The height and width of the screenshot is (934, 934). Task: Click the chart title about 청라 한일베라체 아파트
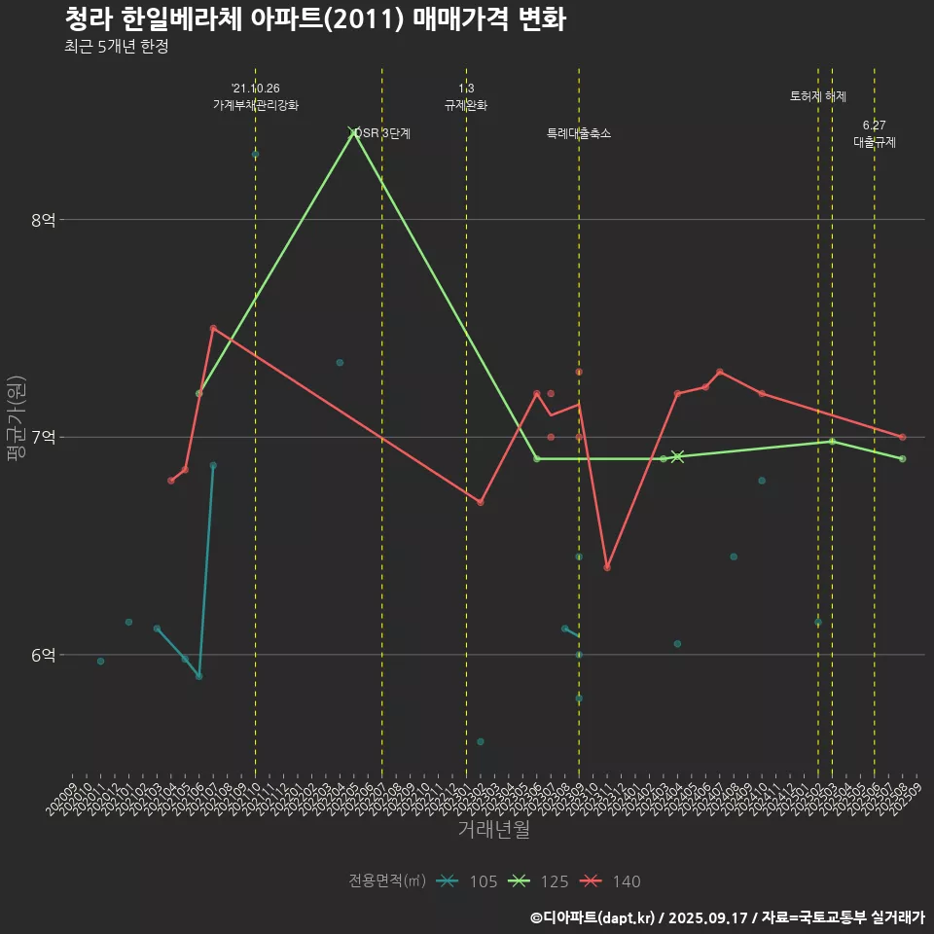pos(315,19)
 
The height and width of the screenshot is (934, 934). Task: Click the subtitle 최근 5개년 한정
pos(117,47)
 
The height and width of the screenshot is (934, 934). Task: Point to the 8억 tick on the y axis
pos(44,220)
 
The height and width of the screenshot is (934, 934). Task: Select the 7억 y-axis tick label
pos(44,437)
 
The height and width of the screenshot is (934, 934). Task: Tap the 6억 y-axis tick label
pos(44,655)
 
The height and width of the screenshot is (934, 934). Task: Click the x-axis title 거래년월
pos(493,830)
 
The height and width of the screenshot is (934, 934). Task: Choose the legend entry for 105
pos(467,881)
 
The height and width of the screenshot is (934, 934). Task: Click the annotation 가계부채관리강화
pos(256,105)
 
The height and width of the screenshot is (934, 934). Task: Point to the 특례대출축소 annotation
pos(579,133)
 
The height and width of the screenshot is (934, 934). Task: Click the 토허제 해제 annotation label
pos(818,96)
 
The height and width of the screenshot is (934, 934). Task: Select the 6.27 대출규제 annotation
pos(875,133)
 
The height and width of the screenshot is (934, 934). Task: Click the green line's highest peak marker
pos(354,131)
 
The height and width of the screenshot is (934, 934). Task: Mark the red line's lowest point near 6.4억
pos(607,567)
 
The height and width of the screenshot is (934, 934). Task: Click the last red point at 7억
pos(903,437)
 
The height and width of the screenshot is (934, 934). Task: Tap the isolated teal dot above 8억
pos(256,155)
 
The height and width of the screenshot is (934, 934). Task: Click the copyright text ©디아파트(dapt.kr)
pos(593,917)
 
